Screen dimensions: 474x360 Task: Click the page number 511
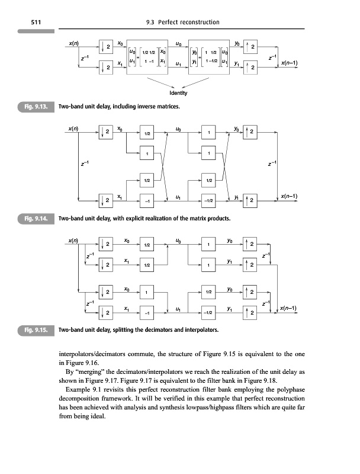click(x=26, y=23)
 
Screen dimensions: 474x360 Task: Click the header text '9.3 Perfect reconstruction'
click(x=182, y=23)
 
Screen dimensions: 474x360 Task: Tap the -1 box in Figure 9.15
click(x=147, y=310)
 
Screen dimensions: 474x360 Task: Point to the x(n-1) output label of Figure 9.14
click(x=289, y=196)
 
